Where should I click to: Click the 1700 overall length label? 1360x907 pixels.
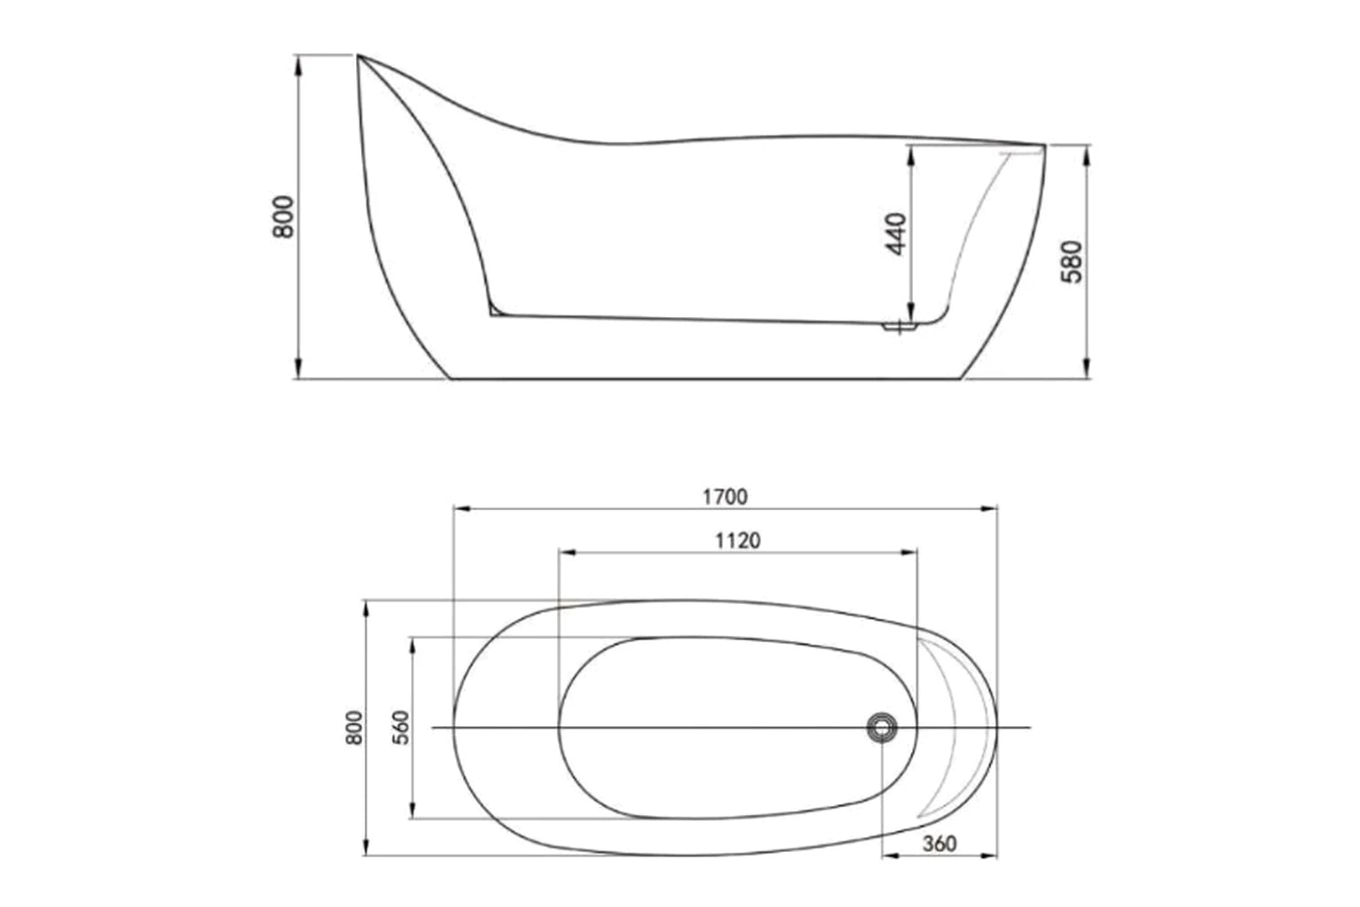point(724,497)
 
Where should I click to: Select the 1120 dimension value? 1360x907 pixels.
point(738,540)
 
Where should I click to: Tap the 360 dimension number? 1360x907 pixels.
point(939,843)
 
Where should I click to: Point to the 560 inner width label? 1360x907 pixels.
point(401,727)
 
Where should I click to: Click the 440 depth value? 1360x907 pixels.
point(897,234)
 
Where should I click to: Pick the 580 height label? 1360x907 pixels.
point(1071,261)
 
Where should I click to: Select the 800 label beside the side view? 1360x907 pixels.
point(283,216)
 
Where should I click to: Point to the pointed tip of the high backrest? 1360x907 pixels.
point(359,58)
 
